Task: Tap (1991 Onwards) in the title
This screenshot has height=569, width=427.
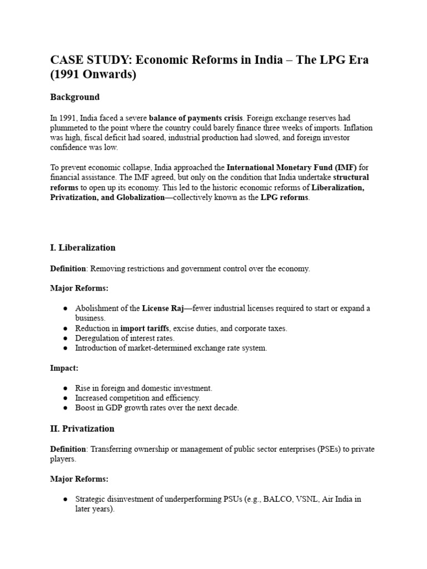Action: click(x=93, y=74)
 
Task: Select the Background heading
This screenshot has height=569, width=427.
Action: click(x=75, y=97)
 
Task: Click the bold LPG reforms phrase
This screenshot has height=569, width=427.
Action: click(x=284, y=198)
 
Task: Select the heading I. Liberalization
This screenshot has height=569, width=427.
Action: click(x=83, y=247)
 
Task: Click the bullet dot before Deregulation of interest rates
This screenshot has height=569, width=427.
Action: click(x=65, y=338)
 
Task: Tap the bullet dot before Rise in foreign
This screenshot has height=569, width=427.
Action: click(x=65, y=388)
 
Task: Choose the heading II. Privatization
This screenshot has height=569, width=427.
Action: click(x=82, y=429)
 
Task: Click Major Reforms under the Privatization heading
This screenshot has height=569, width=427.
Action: click(x=80, y=479)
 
